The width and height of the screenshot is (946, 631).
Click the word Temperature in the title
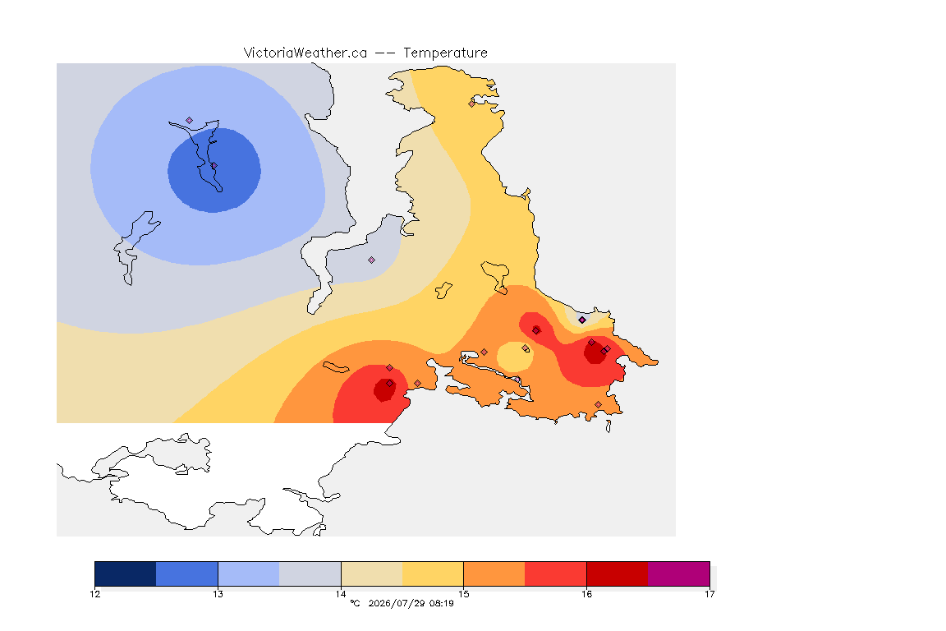(445, 53)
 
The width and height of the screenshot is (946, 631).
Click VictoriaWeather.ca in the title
(305, 53)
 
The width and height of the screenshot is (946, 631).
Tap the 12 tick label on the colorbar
(94, 594)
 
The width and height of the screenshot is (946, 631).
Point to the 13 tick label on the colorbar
(218, 594)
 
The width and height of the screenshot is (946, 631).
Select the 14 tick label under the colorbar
(341, 594)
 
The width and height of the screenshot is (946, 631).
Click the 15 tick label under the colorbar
(463, 594)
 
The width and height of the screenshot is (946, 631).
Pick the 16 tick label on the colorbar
(586, 594)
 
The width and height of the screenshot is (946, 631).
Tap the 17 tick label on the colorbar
(709, 594)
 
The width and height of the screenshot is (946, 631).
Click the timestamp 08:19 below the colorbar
(442, 603)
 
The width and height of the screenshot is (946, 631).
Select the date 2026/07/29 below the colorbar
(397, 603)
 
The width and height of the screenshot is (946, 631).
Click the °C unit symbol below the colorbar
(355, 603)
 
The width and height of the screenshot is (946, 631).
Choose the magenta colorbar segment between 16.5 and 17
(679, 573)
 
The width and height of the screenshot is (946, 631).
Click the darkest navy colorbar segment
(126, 573)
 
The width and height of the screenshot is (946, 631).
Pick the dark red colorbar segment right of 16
(618, 573)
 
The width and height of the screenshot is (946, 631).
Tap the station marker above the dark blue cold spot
(190, 120)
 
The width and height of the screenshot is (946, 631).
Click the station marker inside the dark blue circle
(214, 165)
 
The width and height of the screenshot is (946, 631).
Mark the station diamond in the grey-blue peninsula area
(372, 260)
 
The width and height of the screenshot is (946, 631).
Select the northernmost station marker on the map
(472, 104)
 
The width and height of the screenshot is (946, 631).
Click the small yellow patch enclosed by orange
(515, 357)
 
